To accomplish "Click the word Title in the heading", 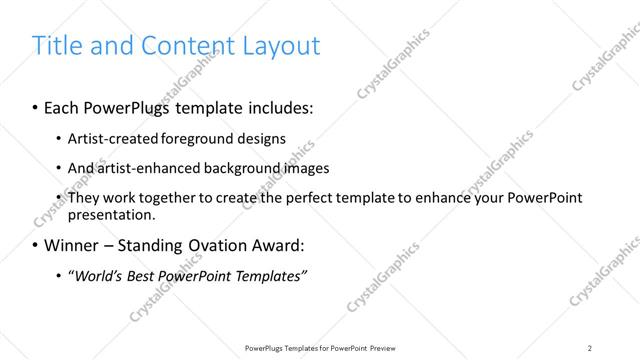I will click(57, 45).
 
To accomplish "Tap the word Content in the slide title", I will click(190, 45).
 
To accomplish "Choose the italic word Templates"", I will click(269, 275).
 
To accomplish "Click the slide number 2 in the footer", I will click(590, 347).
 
